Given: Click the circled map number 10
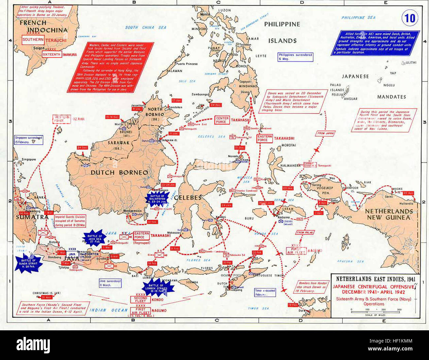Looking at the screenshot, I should (x=410, y=18).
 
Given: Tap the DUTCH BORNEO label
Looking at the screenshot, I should (x=119, y=173).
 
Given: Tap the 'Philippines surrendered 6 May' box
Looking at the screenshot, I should (x=295, y=57).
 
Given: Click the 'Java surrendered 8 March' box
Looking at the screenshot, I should (x=110, y=283).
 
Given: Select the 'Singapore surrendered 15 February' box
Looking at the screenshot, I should (x=28, y=140).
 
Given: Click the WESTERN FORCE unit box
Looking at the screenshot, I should (x=62, y=119).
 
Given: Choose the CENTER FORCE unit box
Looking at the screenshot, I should (x=221, y=120).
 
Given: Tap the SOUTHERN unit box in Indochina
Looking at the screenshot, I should (x=33, y=40).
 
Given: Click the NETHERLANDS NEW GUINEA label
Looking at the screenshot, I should (x=389, y=214).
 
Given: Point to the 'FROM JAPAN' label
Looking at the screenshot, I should (x=325, y=134).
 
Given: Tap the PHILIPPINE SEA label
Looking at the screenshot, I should (x=358, y=17).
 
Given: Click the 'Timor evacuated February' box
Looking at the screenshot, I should (x=265, y=292).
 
